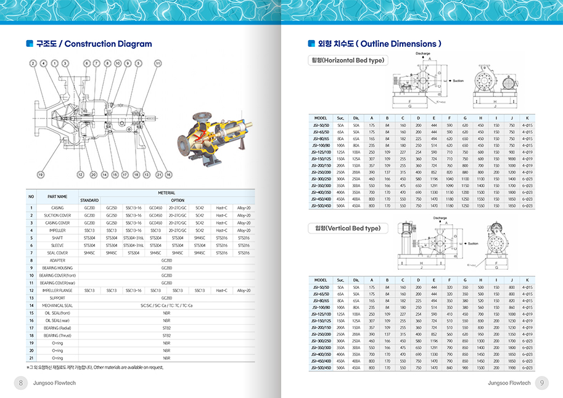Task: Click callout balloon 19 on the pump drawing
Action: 41,174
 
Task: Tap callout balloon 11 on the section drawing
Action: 158,63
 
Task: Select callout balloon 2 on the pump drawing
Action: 33,63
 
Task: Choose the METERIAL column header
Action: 166,193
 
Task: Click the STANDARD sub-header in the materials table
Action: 89,200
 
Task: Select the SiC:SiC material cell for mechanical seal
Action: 166,305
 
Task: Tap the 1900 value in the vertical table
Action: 512,368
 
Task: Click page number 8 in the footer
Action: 21,383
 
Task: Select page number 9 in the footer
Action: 541,383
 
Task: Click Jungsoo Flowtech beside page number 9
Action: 509,383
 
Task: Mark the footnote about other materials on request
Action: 91,367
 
